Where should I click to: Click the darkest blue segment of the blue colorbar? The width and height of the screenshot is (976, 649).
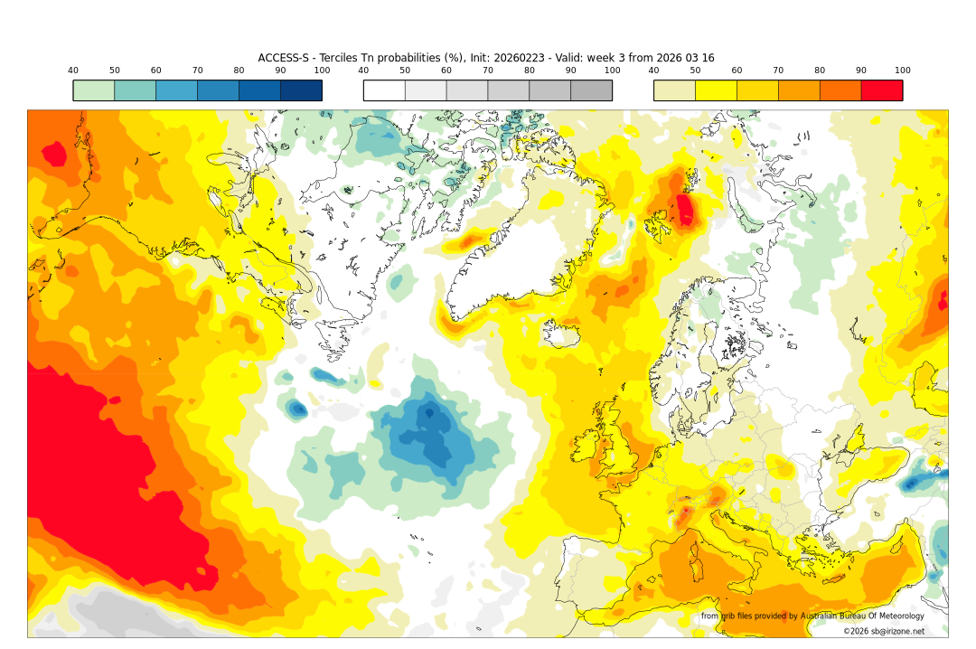301,90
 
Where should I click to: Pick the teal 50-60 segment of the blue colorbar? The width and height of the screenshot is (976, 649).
135,90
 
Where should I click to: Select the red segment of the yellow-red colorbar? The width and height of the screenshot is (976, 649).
881,90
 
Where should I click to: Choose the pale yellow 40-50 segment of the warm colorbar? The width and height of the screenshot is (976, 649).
674,90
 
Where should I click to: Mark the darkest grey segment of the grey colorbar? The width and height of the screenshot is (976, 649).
591,90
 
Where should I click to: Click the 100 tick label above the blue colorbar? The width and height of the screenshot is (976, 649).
322,71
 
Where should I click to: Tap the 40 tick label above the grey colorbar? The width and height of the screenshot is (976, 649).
363,71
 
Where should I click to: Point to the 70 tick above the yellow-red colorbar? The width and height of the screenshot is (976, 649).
778,71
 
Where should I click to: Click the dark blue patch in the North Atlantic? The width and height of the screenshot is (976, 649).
432,434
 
